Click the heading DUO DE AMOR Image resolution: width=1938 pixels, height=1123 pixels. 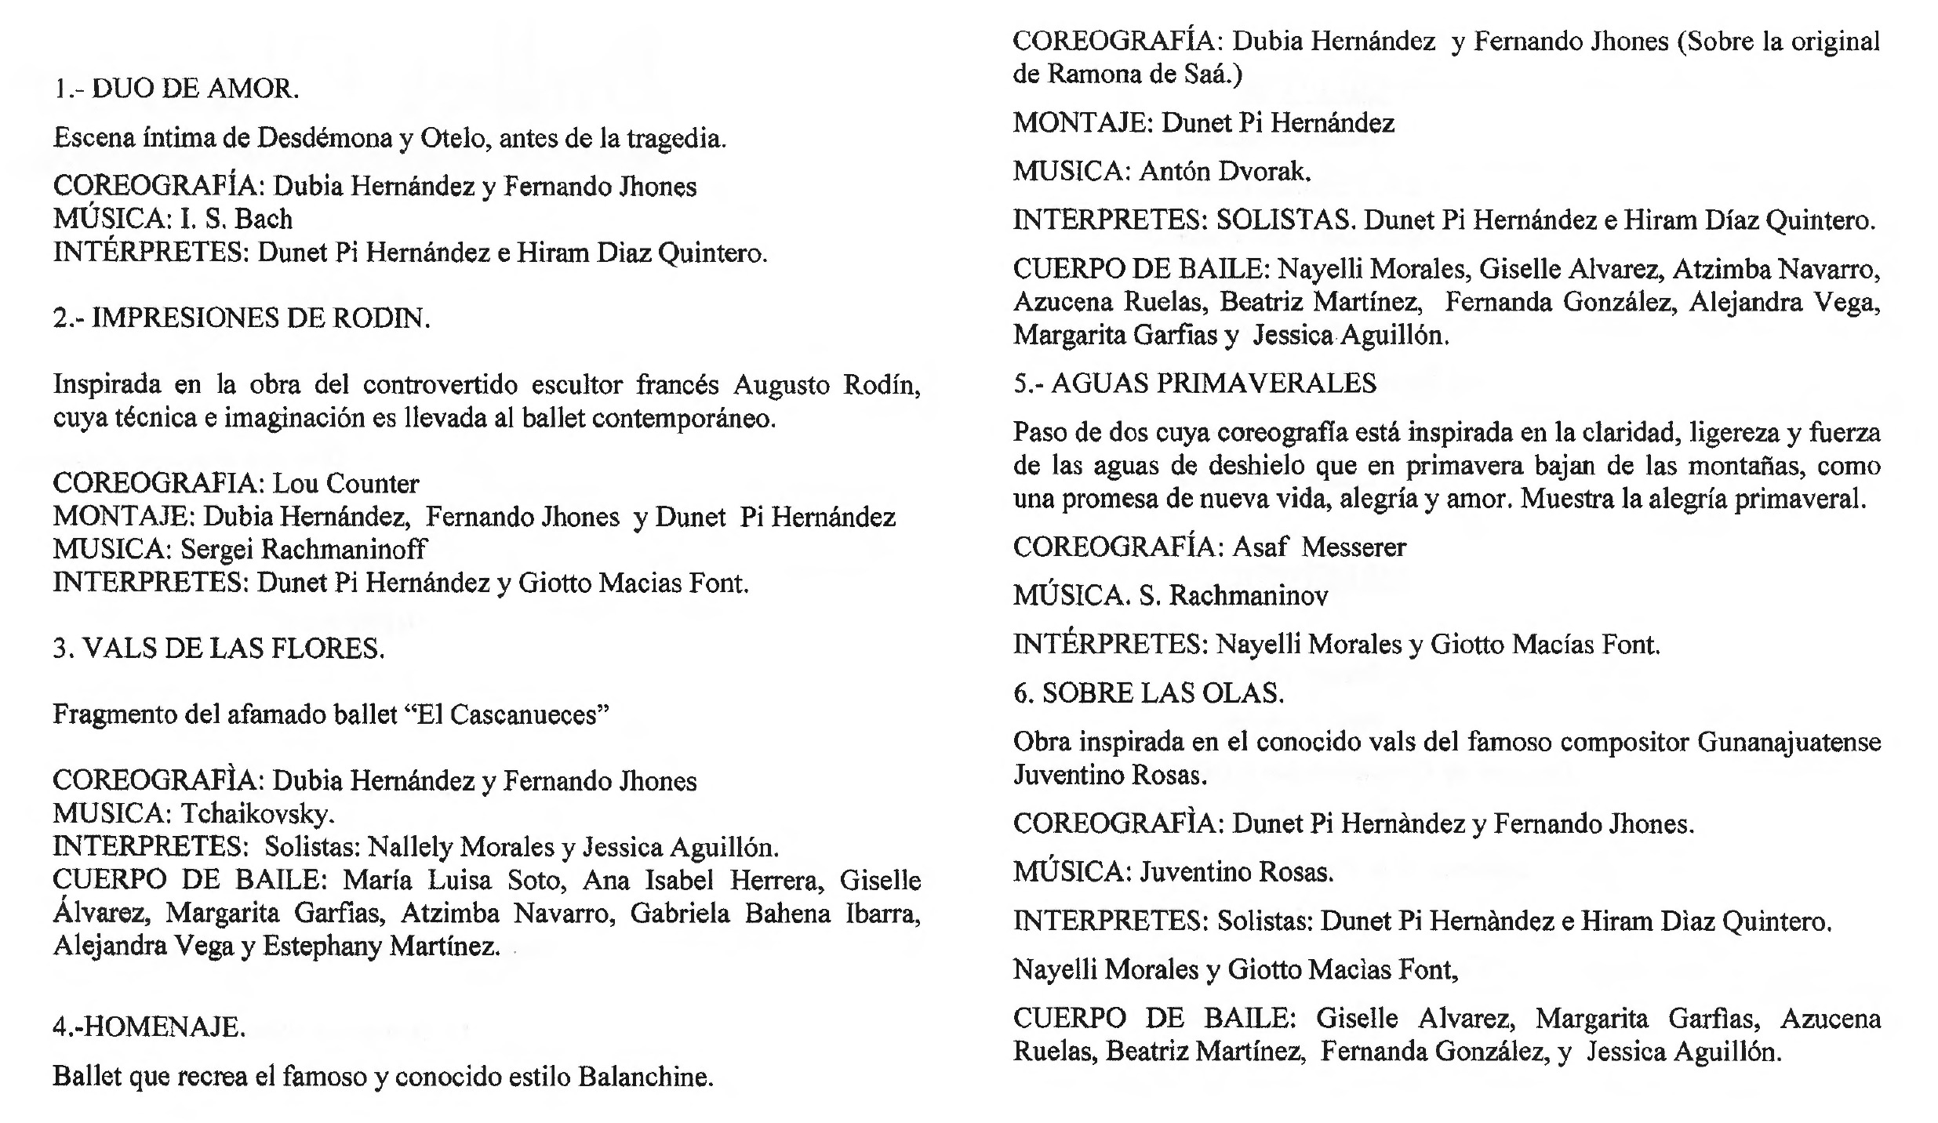coord(195,89)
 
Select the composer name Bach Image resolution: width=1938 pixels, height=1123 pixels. coord(264,219)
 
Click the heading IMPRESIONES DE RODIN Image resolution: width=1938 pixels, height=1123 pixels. coord(260,318)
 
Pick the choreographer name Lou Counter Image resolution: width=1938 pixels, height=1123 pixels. coord(345,484)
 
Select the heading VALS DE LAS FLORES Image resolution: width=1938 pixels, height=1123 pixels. coord(233,649)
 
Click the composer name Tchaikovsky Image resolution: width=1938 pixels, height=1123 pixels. coord(257,814)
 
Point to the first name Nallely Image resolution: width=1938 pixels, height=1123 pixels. coord(410,847)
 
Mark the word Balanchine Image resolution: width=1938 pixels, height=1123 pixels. coord(645,1077)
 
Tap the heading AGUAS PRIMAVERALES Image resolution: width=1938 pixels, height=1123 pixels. coord(1213,383)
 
